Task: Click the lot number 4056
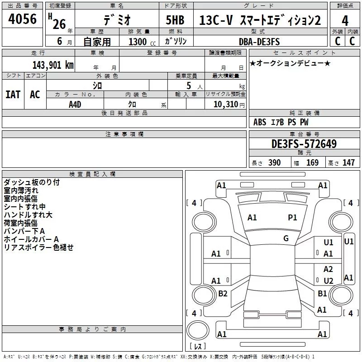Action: tap(22, 19)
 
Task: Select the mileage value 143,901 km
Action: tap(53, 65)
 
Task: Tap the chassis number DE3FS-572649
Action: tap(304, 144)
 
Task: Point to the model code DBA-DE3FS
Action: tap(259, 42)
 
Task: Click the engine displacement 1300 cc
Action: tap(142, 42)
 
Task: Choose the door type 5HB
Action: tap(175, 20)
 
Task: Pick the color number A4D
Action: tap(75, 105)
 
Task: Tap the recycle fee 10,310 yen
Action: tap(229, 105)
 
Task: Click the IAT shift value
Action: tap(13, 95)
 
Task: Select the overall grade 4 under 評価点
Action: tap(345, 21)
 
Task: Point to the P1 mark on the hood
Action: tap(292, 217)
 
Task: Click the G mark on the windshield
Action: tap(286, 238)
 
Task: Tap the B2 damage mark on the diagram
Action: tap(223, 293)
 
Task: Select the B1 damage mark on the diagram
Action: tap(322, 293)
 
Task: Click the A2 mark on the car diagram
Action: tap(328, 269)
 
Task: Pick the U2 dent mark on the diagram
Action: tap(329, 281)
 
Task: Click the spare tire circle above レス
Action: tap(198, 330)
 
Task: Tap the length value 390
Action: tap(275, 163)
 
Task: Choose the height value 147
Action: tap(348, 163)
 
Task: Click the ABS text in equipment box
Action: tap(260, 122)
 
